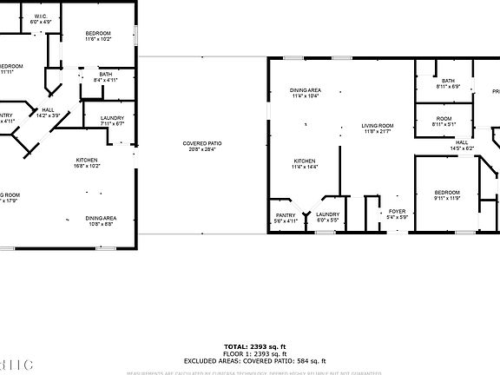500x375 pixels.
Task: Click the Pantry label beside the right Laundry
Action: (286, 217)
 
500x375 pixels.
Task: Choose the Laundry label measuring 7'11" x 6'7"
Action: (112, 120)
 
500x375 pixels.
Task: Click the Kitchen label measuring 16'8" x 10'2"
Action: (85, 162)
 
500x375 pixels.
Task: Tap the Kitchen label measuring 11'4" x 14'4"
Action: (304, 163)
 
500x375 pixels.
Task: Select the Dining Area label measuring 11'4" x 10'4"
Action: (306, 93)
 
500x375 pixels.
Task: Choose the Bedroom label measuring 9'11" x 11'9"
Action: (446, 194)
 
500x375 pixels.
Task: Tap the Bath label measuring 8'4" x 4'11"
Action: (105, 77)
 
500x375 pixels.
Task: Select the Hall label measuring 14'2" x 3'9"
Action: (47, 111)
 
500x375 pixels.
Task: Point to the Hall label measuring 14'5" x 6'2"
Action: (461, 145)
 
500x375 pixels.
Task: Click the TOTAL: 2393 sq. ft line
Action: (254, 345)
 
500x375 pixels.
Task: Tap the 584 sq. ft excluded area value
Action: (310, 360)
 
